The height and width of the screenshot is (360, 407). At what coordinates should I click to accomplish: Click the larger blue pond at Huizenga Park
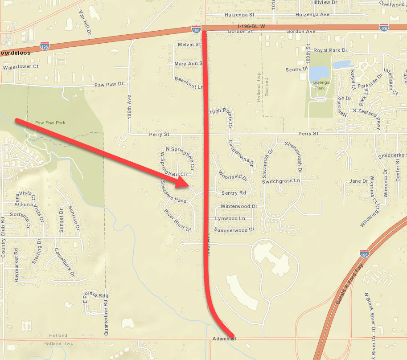[318, 73]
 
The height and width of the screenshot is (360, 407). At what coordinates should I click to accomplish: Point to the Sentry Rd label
[234, 193]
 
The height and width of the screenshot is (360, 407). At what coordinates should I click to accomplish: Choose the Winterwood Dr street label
[239, 206]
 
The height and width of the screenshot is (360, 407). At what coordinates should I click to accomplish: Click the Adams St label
[223, 339]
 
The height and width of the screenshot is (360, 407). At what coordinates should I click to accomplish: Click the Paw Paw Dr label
[108, 84]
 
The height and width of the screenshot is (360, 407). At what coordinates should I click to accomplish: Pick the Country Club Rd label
[3, 237]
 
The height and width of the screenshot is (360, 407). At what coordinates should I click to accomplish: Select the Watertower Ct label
[21, 67]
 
